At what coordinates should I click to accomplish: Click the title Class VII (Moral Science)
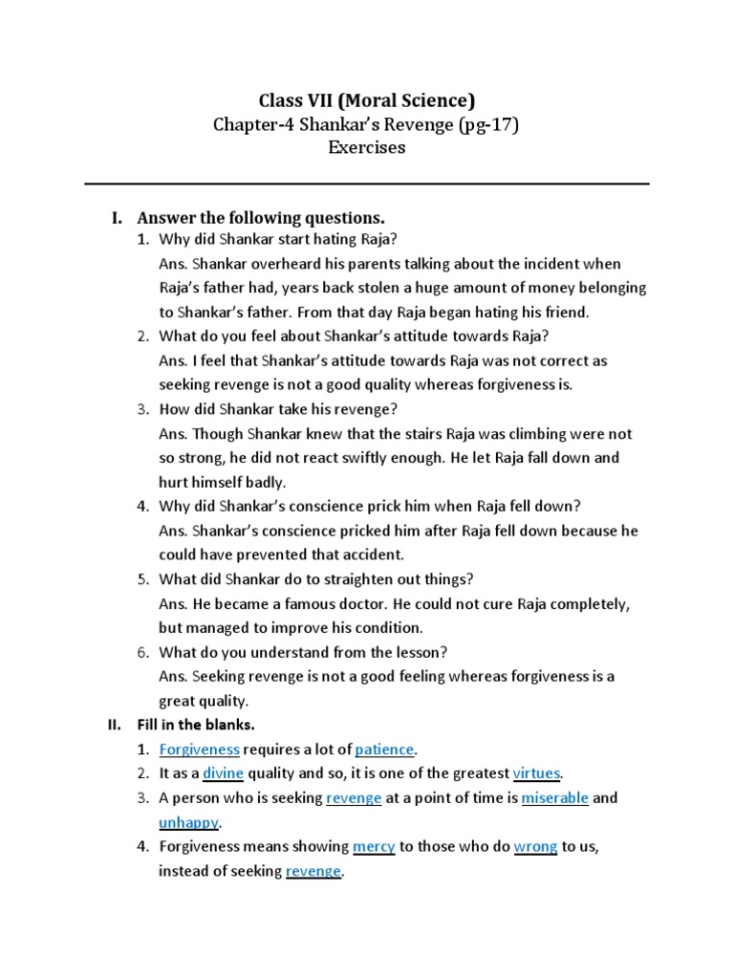367,99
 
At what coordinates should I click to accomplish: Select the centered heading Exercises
367,147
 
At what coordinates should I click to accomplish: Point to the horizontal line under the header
367,184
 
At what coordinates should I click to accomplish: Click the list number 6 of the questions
141,652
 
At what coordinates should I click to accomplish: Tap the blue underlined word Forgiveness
199,749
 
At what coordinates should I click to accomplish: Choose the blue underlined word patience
385,749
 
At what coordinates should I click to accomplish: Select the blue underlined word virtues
536,772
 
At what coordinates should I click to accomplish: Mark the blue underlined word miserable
554,797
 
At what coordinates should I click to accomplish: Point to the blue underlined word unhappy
189,822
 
